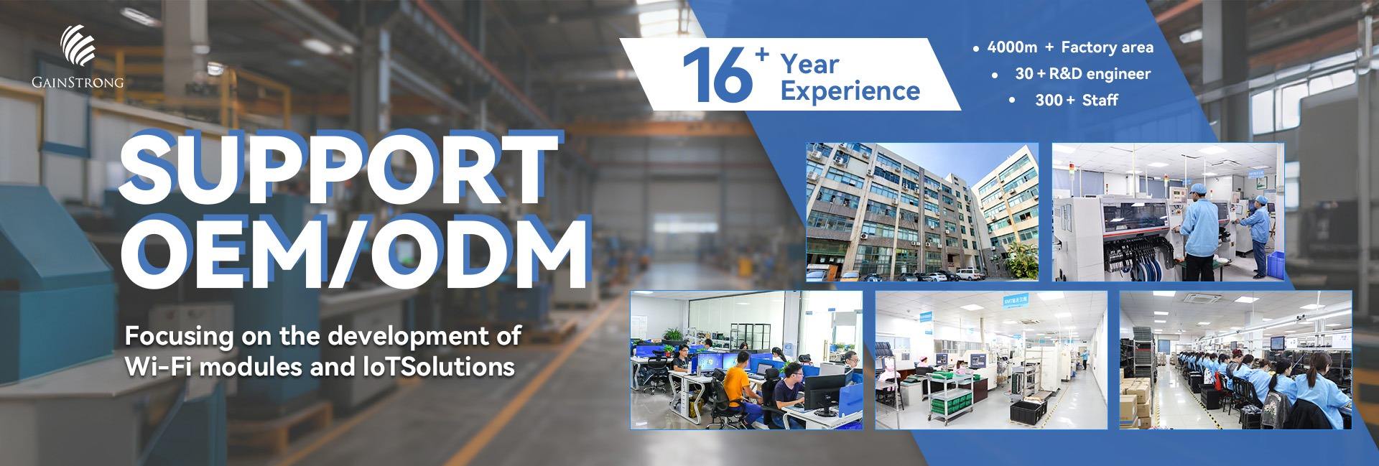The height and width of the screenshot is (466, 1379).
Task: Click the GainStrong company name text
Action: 78,83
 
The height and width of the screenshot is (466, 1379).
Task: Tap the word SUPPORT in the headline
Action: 338,167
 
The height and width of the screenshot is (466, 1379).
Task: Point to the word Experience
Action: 850,92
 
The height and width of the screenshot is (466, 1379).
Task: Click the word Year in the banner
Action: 810,65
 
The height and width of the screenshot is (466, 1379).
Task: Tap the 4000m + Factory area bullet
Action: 1070,47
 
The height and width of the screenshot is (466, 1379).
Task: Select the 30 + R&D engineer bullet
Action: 1082,74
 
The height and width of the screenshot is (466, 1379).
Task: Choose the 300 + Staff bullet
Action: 1075,101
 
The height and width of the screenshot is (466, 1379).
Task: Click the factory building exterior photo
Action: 922,212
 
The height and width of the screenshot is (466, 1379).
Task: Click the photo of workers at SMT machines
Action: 1168,212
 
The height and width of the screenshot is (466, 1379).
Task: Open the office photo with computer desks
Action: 746,360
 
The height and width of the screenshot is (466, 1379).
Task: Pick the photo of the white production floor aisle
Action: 990,360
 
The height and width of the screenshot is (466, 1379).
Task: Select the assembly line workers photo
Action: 1235,360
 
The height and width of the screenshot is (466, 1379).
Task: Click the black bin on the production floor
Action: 1028,411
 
